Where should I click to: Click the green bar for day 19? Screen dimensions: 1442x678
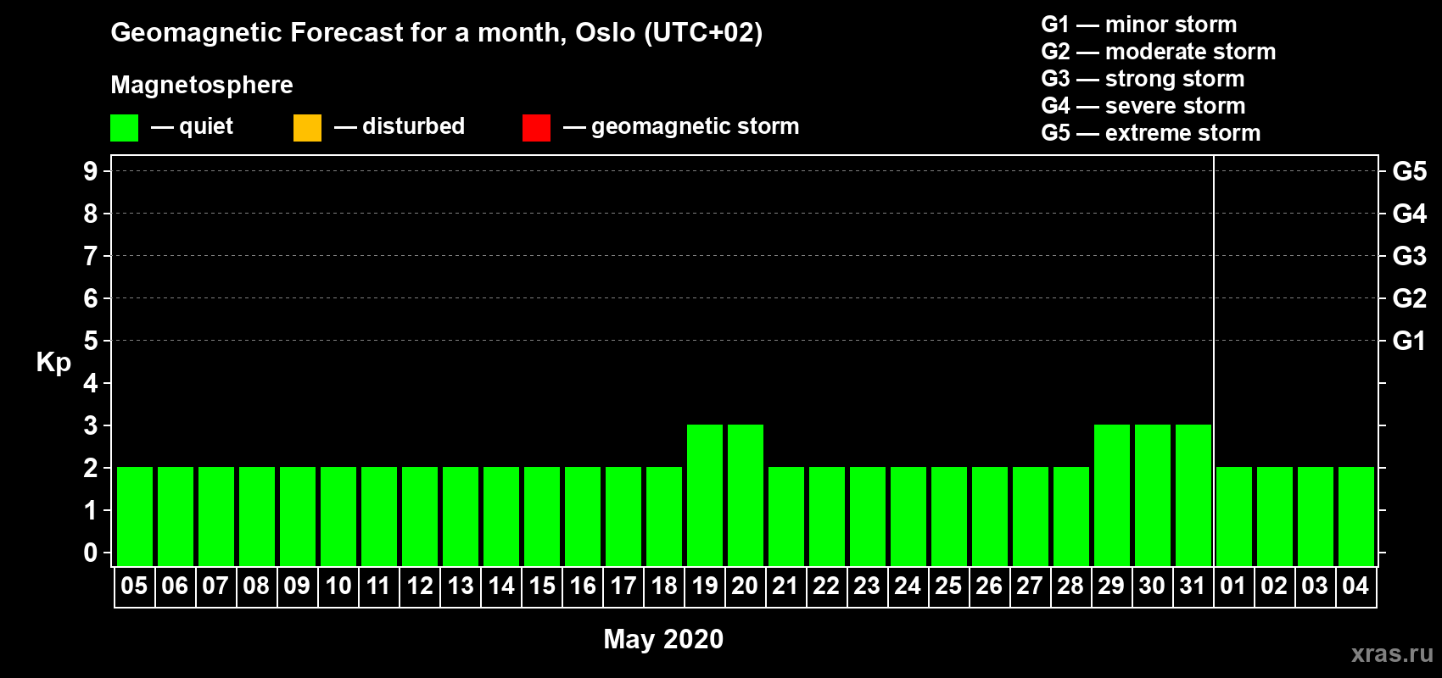(x=705, y=495)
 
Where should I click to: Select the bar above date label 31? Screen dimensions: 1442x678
(x=1193, y=495)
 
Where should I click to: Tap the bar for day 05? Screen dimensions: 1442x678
(x=135, y=516)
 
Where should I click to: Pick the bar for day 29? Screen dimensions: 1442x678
(x=1112, y=495)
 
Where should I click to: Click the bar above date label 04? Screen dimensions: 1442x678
(x=1356, y=516)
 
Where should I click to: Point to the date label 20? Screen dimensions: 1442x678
(x=745, y=586)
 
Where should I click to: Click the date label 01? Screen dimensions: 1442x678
(x=1232, y=586)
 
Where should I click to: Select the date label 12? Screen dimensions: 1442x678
(x=420, y=586)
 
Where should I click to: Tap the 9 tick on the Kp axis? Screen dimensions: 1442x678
(x=90, y=171)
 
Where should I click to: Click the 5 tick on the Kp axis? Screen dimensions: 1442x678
(x=90, y=341)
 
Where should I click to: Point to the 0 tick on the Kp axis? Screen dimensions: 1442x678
(x=90, y=553)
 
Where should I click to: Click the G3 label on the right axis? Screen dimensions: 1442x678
(x=1410, y=256)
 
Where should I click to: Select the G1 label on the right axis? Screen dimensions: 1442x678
(x=1410, y=341)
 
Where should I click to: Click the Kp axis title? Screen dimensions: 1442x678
(x=53, y=363)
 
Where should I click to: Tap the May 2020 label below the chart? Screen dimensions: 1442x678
(x=663, y=639)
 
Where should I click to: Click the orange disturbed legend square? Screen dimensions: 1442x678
(x=307, y=127)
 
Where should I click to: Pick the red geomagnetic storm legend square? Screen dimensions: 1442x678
(x=536, y=127)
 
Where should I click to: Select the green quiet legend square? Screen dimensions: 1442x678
(x=124, y=127)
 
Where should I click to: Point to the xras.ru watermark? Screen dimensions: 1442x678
(x=1392, y=653)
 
